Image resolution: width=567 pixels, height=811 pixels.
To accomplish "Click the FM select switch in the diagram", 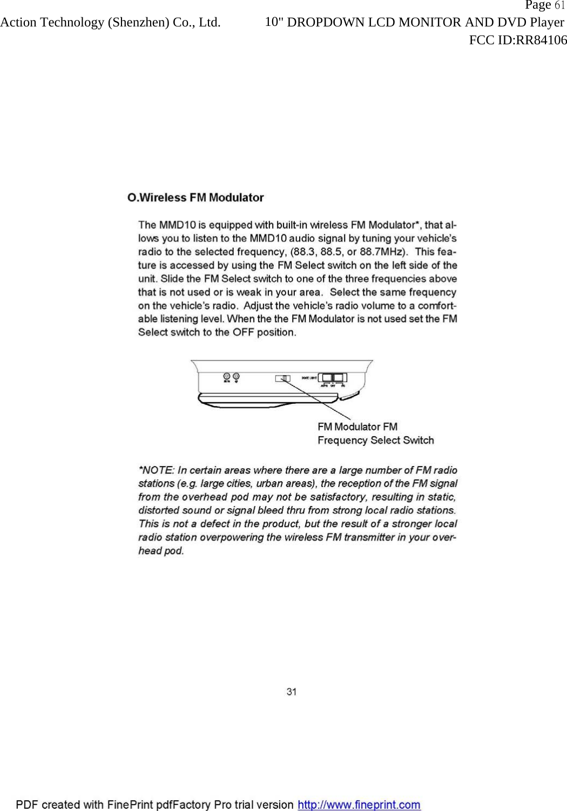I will (x=283, y=378).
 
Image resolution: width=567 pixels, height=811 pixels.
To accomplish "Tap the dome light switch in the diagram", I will (x=333, y=377).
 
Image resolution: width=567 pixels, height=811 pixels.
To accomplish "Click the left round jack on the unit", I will (x=227, y=376).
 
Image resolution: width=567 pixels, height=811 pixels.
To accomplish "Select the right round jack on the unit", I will (x=236, y=376).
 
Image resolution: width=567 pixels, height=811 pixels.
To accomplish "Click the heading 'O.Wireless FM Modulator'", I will (x=195, y=198).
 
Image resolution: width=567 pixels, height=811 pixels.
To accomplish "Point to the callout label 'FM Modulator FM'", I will (x=357, y=427).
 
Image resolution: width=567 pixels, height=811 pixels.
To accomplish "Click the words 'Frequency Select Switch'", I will (x=376, y=441).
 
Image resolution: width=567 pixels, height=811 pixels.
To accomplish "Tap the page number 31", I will (x=292, y=691).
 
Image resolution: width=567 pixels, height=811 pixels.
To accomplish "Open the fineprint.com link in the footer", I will (x=359, y=805).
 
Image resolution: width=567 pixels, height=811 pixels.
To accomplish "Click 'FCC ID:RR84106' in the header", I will (x=518, y=40).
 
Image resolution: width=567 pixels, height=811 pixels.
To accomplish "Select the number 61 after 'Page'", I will (x=559, y=6).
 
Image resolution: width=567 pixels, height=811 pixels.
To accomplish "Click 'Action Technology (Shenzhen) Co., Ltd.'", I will (x=110, y=23).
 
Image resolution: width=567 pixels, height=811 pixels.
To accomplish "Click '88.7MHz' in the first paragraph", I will (x=386, y=252).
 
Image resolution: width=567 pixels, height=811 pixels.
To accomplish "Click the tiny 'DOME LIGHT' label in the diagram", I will (x=309, y=378).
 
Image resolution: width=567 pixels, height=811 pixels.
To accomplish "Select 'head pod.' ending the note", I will (x=161, y=551).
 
